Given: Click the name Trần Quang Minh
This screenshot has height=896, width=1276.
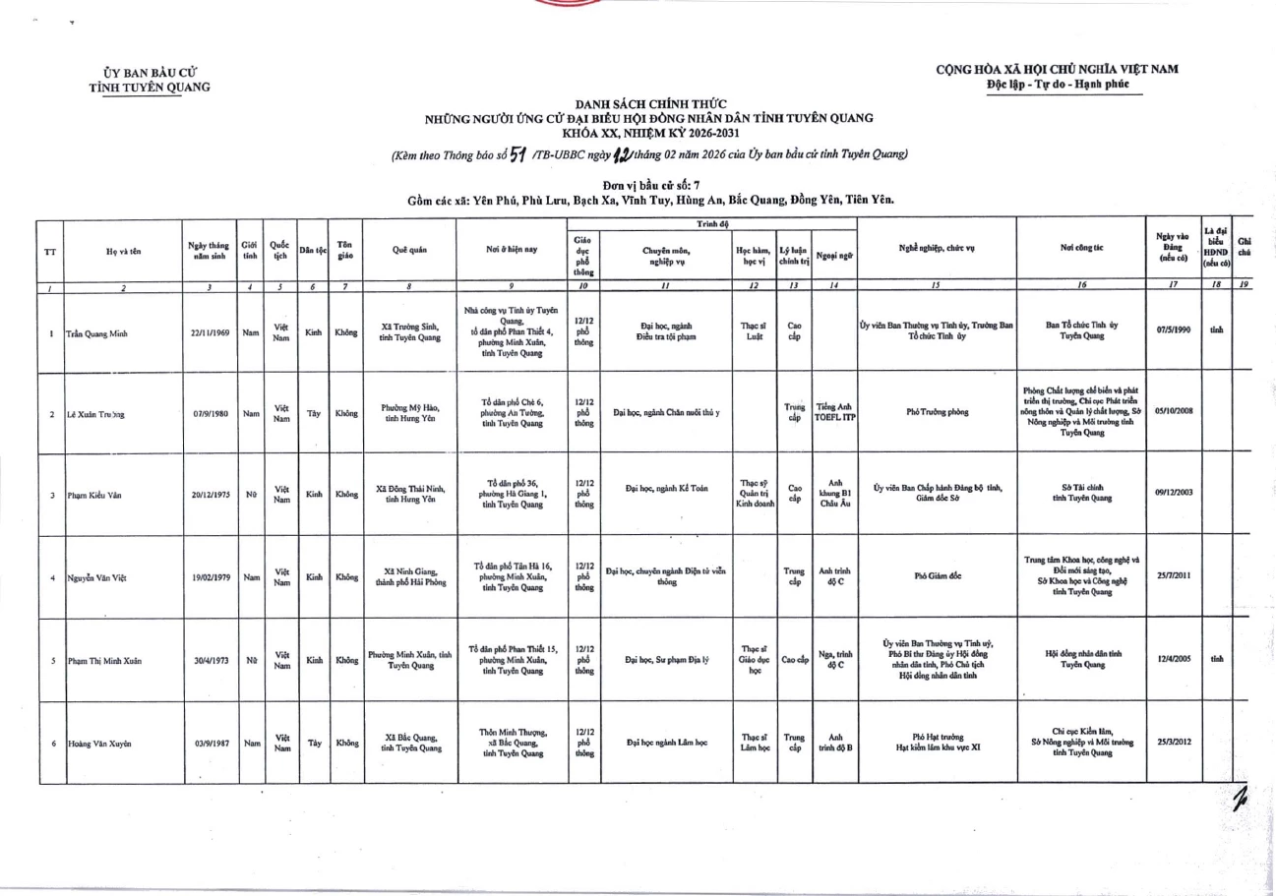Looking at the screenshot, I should [x=98, y=332].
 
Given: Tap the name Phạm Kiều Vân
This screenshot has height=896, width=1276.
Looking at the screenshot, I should [x=94, y=495].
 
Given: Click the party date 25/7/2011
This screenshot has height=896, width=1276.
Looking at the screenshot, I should [x=1174, y=577].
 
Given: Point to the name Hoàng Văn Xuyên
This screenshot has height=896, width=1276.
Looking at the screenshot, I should [x=99, y=743].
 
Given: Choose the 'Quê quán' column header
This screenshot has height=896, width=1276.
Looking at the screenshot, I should [x=409, y=251].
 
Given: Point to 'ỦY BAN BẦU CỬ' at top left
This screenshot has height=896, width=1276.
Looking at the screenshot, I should [x=150, y=72].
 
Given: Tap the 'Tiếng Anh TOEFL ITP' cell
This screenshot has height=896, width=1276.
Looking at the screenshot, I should [x=832, y=413].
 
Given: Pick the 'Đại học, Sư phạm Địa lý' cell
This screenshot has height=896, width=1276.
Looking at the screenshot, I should [x=666, y=659].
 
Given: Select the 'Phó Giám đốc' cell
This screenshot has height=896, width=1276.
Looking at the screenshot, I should [x=936, y=577].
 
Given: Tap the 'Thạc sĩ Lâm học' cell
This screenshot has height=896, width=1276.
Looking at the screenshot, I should [x=755, y=743].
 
